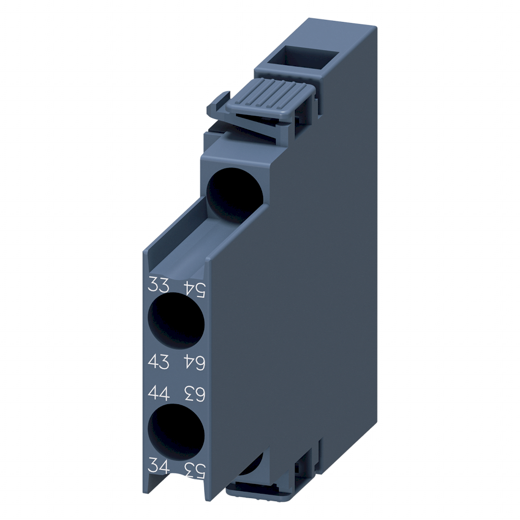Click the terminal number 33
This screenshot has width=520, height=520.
point(158,285)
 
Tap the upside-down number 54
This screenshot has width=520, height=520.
point(193,289)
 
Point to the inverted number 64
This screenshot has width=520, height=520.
point(193,363)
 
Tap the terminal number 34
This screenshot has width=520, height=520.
point(158,464)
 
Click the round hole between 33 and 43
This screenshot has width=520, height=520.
point(176,322)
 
